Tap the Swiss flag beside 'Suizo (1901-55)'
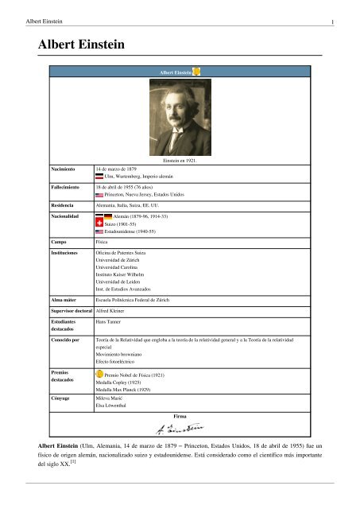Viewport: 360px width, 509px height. click(99, 223)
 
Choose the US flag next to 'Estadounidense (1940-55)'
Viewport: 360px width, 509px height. click(99, 232)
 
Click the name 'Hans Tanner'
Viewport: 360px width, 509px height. click(109, 324)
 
